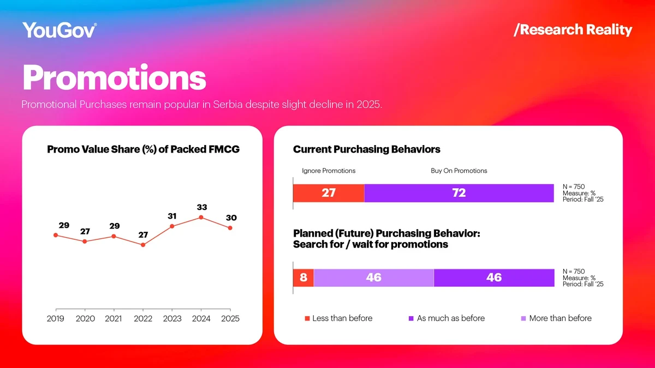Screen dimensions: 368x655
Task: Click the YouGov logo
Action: point(59,30)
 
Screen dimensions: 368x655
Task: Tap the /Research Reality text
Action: point(573,29)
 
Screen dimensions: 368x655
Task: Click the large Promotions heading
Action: point(114,78)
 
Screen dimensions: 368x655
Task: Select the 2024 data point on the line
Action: point(201,218)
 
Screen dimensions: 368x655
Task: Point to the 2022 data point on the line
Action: point(143,245)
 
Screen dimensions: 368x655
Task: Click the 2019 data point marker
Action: point(56,235)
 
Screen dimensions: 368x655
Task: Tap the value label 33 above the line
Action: point(202,207)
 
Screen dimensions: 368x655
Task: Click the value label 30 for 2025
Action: point(231,218)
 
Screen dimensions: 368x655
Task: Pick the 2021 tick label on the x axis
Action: point(114,318)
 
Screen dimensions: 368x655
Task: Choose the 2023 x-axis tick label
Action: point(172,318)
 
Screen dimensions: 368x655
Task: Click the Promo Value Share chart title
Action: point(143,149)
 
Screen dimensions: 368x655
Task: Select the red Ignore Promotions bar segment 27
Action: point(329,193)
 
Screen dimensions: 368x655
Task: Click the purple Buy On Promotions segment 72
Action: point(458,193)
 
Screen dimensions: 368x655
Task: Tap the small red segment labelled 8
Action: point(303,277)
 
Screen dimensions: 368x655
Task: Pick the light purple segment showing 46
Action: point(373,277)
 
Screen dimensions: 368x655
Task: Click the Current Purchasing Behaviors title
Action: point(366,149)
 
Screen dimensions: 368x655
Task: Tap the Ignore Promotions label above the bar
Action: point(329,171)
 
